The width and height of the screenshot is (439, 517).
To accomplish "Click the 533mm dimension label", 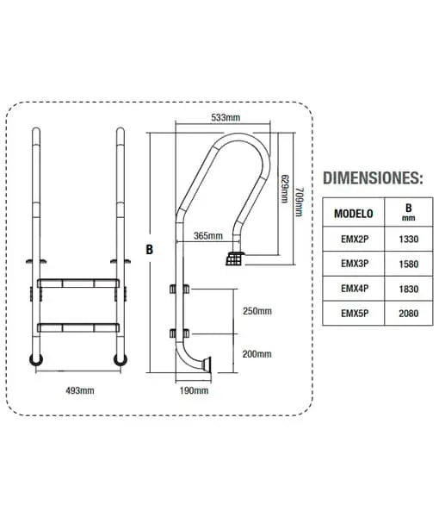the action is [226, 117].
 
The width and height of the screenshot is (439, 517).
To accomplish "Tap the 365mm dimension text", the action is [208, 236].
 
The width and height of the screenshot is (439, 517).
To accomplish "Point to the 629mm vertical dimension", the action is [284, 189].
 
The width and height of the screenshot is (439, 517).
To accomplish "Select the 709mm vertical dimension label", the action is [299, 202].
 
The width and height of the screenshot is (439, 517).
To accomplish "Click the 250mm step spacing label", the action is [257, 311].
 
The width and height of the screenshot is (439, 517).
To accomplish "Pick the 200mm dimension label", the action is [257, 354].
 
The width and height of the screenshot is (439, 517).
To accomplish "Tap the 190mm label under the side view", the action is [194, 390].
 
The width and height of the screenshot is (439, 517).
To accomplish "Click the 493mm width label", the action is [80, 390].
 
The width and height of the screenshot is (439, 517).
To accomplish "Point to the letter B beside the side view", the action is [150, 250].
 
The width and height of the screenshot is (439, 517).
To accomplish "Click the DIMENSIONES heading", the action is [373, 178].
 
